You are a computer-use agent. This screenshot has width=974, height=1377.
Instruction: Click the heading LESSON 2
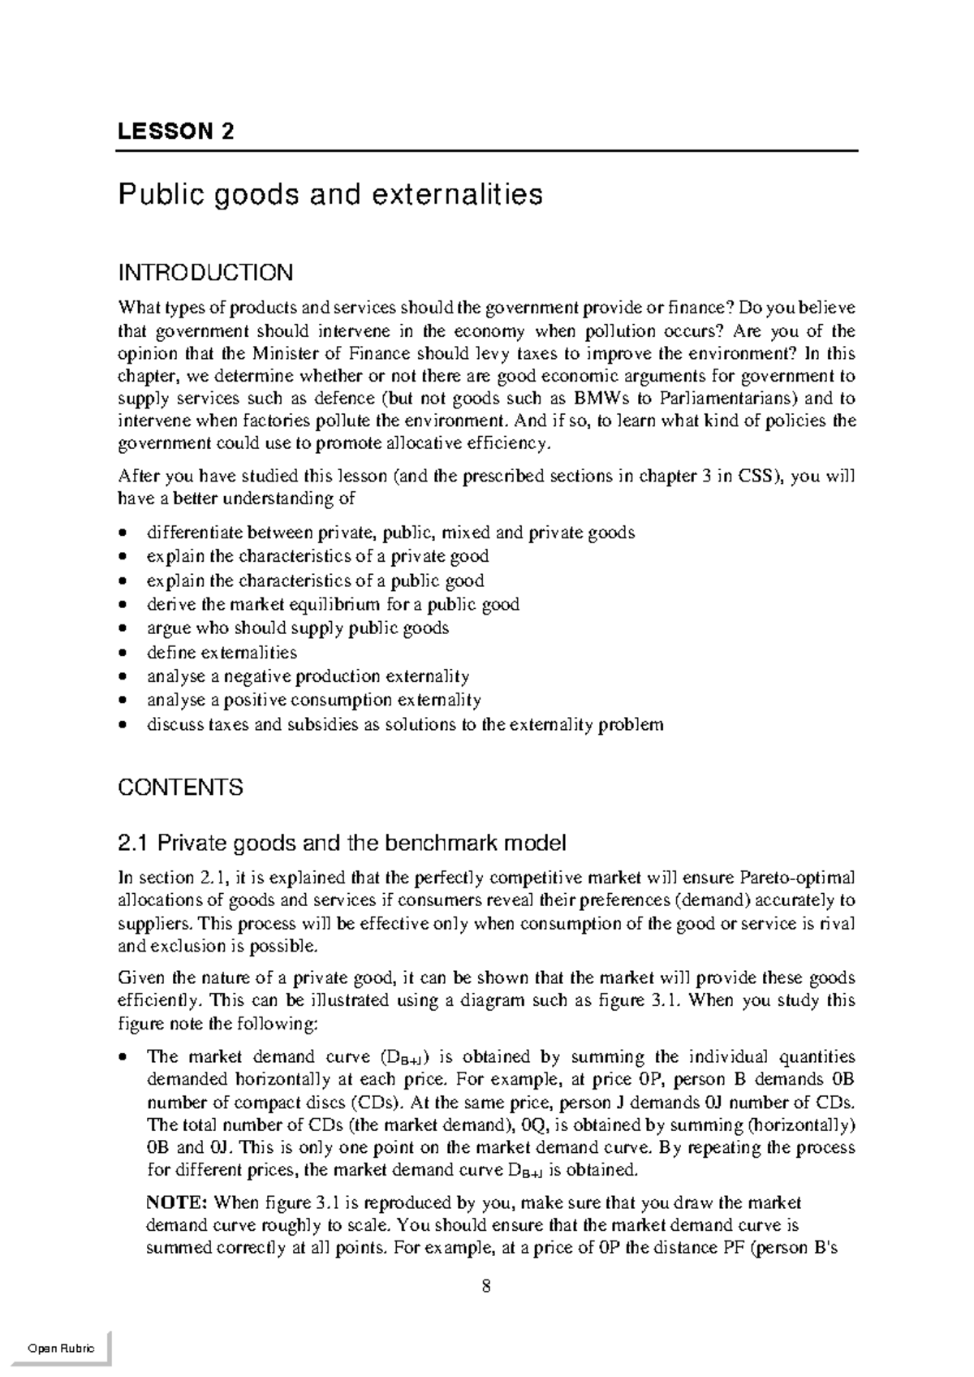175,132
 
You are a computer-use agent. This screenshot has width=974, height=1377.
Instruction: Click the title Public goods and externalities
330,195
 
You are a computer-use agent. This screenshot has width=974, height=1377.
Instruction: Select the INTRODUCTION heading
205,272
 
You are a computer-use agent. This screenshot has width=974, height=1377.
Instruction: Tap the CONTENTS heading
180,788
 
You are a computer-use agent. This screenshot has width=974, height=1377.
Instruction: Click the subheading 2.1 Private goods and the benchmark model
342,844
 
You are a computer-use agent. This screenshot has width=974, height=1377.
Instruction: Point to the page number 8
486,1287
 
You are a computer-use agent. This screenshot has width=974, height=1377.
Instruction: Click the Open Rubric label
61,1349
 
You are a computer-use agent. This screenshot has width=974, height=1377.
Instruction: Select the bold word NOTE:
177,1202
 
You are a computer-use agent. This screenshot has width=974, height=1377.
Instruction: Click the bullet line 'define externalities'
221,653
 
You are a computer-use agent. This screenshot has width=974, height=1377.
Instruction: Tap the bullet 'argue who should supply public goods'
297,628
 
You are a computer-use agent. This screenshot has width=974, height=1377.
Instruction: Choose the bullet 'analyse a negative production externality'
308,676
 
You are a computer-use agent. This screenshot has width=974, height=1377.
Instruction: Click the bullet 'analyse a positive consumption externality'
313,700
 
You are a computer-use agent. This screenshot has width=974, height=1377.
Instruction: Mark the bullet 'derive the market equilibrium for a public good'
333,605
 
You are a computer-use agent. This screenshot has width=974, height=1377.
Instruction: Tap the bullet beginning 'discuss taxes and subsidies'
404,724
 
